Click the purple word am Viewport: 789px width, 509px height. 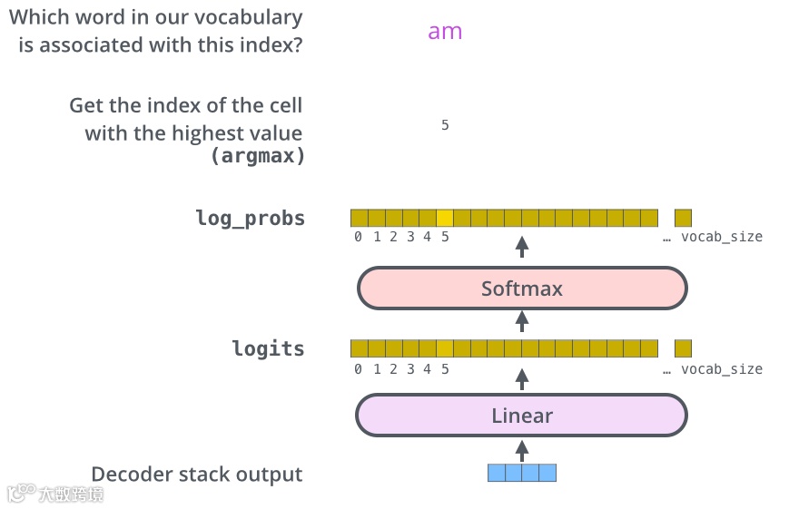tap(445, 31)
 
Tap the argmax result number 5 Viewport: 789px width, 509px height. tap(445, 125)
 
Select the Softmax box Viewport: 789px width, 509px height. tap(522, 289)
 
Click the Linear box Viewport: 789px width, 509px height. tap(522, 416)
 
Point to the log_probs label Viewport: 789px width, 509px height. tap(251, 218)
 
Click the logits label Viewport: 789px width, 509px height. tap(268, 348)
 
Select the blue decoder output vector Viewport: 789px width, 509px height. tap(522, 473)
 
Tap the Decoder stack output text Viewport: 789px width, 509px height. tap(197, 474)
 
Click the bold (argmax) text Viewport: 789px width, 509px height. tap(258, 155)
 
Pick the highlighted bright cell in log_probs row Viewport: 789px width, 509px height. tap(445, 218)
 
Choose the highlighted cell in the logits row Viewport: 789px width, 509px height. tap(445, 348)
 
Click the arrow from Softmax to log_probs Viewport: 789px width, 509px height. tap(522, 247)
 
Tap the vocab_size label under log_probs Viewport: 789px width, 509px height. tap(722, 237)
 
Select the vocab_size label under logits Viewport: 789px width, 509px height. tap(722, 369)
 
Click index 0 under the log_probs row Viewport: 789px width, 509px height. tap(359, 237)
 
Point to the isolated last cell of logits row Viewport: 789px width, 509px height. tap(683, 348)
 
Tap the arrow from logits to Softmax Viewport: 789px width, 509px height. tap(522, 320)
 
